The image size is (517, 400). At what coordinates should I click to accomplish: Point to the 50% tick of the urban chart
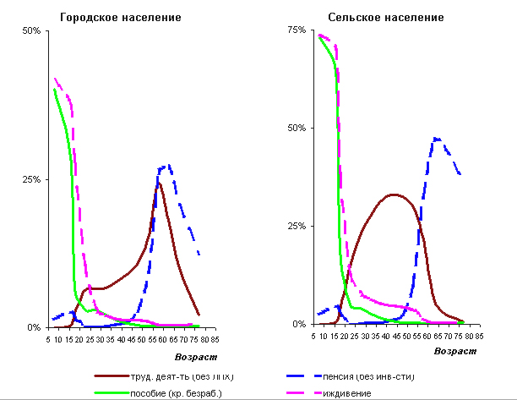coord(31,31)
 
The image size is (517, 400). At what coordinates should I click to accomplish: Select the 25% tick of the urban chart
coord(31,179)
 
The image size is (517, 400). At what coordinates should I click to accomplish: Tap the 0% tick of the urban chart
coord(34,327)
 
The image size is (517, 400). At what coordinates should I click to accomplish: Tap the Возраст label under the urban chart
coord(195,357)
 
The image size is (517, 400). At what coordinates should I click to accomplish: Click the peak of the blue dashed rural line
coord(436,138)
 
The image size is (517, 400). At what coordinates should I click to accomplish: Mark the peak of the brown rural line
coord(393,195)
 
